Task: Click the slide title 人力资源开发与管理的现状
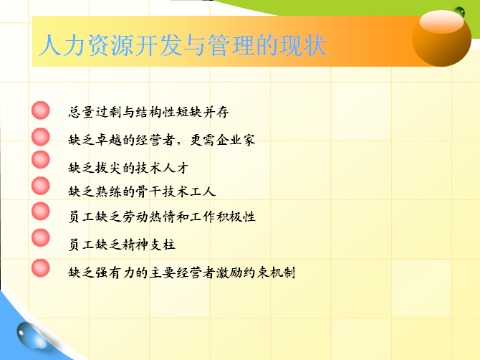pyautogui.click(x=183, y=45)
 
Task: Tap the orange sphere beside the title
pyautogui.click(x=441, y=38)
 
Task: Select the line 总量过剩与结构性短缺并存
pyautogui.click(x=148, y=112)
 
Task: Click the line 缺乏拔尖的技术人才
pyautogui.click(x=128, y=168)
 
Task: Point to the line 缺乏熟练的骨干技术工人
pyautogui.click(x=142, y=191)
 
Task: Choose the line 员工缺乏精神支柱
pyautogui.click(x=122, y=245)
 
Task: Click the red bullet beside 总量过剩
pyautogui.click(x=40, y=110)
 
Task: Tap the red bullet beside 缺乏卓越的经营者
pyautogui.click(x=40, y=137)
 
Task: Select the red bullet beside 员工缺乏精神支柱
pyautogui.click(x=40, y=238)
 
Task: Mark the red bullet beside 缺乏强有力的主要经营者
pyautogui.click(x=40, y=268)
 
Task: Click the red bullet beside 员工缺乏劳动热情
pyautogui.click(x=40, y=212)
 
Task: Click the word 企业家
pyautogui.click(x=236, y=140)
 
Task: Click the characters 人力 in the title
pyautogui.click(x=62, y=45)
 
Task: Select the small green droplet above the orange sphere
pyautogui.click(x=459, y=12)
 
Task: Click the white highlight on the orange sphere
pyautogui.click(x=441, y=22)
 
